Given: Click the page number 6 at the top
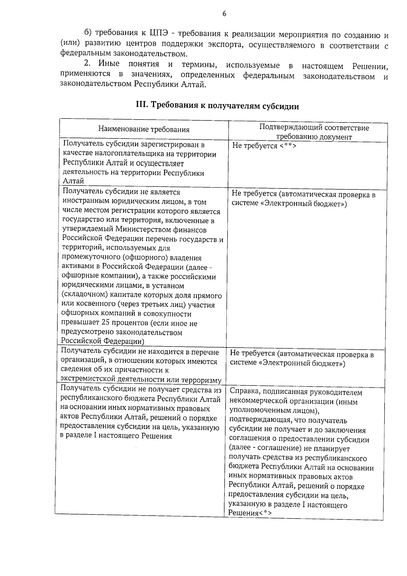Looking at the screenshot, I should coord(224,14).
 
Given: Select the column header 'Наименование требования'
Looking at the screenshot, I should coord(144,129).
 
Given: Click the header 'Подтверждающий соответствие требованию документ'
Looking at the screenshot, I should coord(314,132).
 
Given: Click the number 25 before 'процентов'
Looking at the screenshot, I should coord(106,323).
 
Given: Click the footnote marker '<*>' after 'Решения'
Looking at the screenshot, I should coord(265,513).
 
